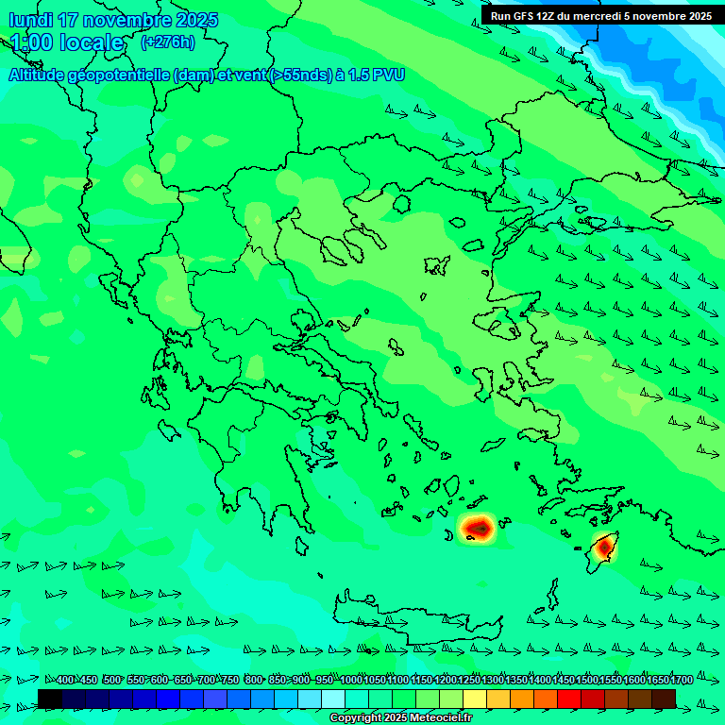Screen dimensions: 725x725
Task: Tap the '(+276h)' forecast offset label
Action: [x=167, y=42]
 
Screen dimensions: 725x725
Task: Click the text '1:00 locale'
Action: [x=67, y=42]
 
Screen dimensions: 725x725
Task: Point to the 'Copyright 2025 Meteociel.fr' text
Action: [x=400, y=718]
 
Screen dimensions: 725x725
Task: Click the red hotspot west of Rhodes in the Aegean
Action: [x=478, y=528]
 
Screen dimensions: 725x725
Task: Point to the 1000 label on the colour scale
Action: [x=351, y=681]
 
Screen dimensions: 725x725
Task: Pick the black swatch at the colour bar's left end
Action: [x=50, y=699]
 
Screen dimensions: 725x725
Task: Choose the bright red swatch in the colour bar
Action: [x=569, y=699]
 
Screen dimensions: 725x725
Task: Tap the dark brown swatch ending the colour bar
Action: [x=664, y=699]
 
